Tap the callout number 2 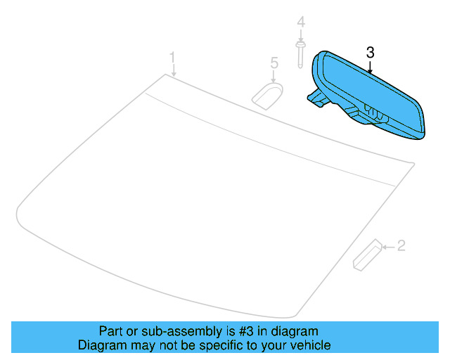(401, 245)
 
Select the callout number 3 (371, 52)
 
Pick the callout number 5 (274, 64)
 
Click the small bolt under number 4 (301, 50)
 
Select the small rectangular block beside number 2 (366, 255)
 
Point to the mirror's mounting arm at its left (318, 98)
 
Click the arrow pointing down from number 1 (173, 70)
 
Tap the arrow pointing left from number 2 (388, 246)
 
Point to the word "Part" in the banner (110, 331)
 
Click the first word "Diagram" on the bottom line (101, 345)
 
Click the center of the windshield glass (211, 204)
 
